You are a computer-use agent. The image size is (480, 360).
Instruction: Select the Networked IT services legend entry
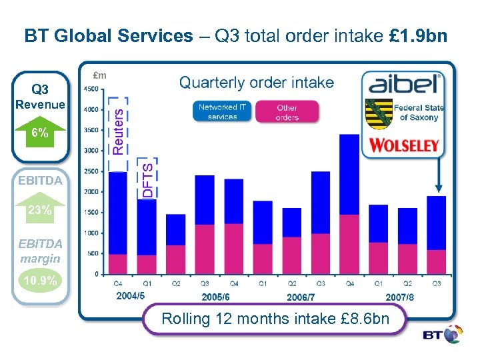pyautogui.click(x=222, y=111)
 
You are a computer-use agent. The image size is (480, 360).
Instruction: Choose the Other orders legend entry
pyautogui.click(x=287, y=111)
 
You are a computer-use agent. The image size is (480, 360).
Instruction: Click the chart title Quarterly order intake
pyautogui.click(x=257, y=82)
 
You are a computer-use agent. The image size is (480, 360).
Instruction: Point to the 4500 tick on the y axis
pyautogui.click(x=92, y=89)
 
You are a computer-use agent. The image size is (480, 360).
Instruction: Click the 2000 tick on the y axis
pyautogui.click(x=92, y=192)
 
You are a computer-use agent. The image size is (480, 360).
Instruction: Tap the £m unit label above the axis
pyautogui.click(x=99, y=75)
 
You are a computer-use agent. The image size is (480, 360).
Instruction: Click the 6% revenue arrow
pyautogui.click(x=41, y=132)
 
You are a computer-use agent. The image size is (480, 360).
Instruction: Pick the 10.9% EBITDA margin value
pyautogui.click(x=40, y=281)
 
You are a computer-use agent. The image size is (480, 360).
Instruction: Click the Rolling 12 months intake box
pyautogui.click(x=275, y=319)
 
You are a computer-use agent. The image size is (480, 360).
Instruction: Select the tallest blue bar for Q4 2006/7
pyautogui.click(x=349, y=175)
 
